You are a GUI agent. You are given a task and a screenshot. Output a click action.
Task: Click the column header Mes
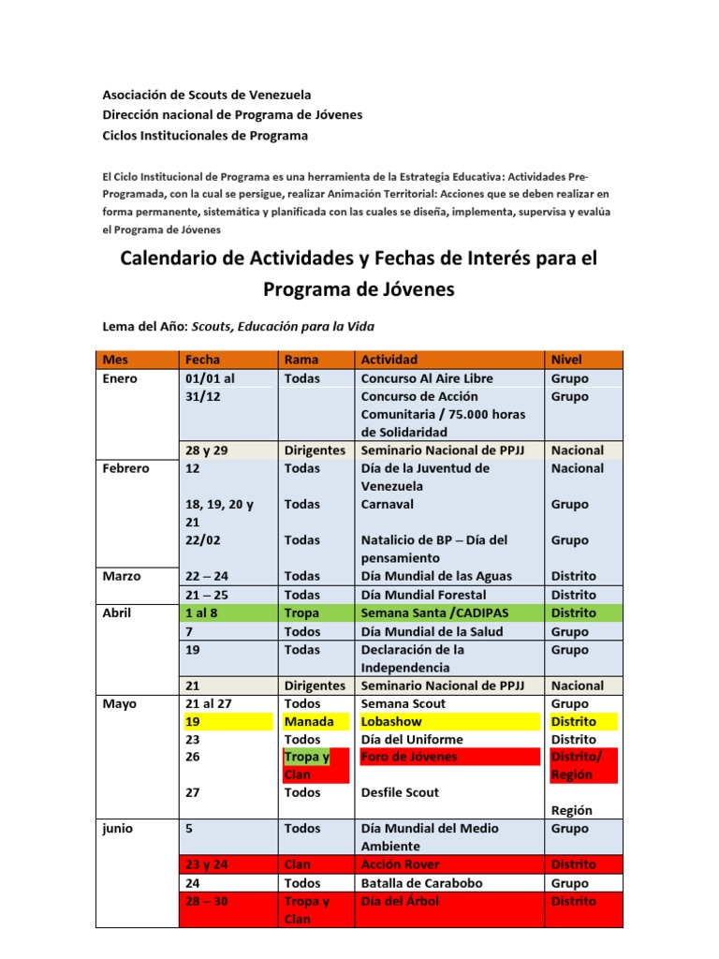pos(116,360)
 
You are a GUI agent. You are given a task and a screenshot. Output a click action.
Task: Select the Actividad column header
pos(389,360)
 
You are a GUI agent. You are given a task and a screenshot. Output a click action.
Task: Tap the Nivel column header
pos(567,360)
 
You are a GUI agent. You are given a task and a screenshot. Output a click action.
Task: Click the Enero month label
pos(120,378)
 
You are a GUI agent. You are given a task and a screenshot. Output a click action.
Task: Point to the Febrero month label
pos(125,468)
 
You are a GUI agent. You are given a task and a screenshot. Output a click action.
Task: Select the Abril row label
pos(119,612)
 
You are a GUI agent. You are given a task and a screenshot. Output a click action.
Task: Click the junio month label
pos(118,829)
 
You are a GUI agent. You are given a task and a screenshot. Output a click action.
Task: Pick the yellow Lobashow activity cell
pos(391,721)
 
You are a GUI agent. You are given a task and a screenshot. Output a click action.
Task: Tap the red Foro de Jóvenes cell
pos(409,757)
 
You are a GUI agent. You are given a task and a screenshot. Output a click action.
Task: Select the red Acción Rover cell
pos(400,864)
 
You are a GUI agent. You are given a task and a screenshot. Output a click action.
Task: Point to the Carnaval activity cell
pos(388,504)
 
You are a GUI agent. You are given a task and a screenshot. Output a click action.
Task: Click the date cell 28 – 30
pos(209,901)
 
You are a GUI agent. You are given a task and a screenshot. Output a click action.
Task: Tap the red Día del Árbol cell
pos(399,901)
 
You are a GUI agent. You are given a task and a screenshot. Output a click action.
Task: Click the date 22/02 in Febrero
pos(204,540)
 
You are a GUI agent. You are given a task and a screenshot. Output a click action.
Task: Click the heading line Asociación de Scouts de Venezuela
pos(206,95)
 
